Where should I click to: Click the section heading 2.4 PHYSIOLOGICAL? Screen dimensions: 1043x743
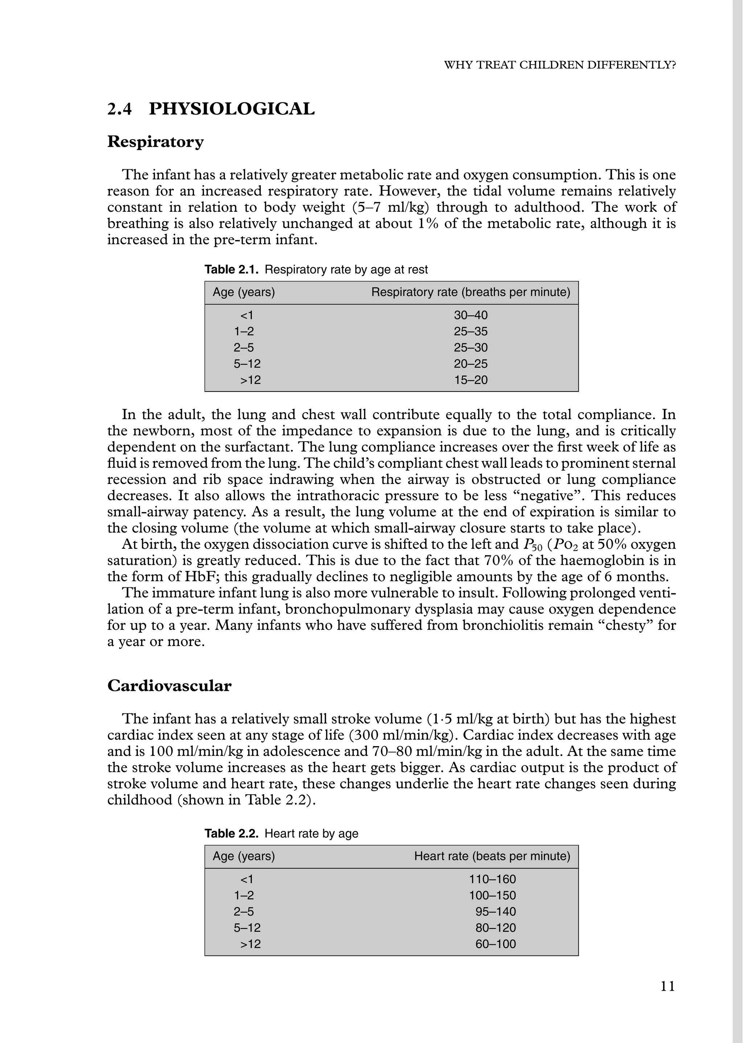(211, 109)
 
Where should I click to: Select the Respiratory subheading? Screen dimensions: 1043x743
(155, 142)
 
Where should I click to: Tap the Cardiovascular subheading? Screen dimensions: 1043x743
(169, 686)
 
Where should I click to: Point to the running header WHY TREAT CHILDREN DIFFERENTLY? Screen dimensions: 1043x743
(560, 65)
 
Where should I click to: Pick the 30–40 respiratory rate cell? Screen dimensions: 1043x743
(471, 315)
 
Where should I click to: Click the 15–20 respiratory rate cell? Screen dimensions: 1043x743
(471, 380)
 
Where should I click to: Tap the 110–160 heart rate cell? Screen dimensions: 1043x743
(492, 879)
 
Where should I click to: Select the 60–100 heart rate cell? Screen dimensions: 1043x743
(496, 944)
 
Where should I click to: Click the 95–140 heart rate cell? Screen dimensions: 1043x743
(496, 912)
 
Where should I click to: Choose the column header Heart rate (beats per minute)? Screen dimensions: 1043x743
(492, 856)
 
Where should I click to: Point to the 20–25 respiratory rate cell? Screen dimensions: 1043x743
(471, 364)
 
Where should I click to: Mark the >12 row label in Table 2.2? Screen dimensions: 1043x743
(250, 944)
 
